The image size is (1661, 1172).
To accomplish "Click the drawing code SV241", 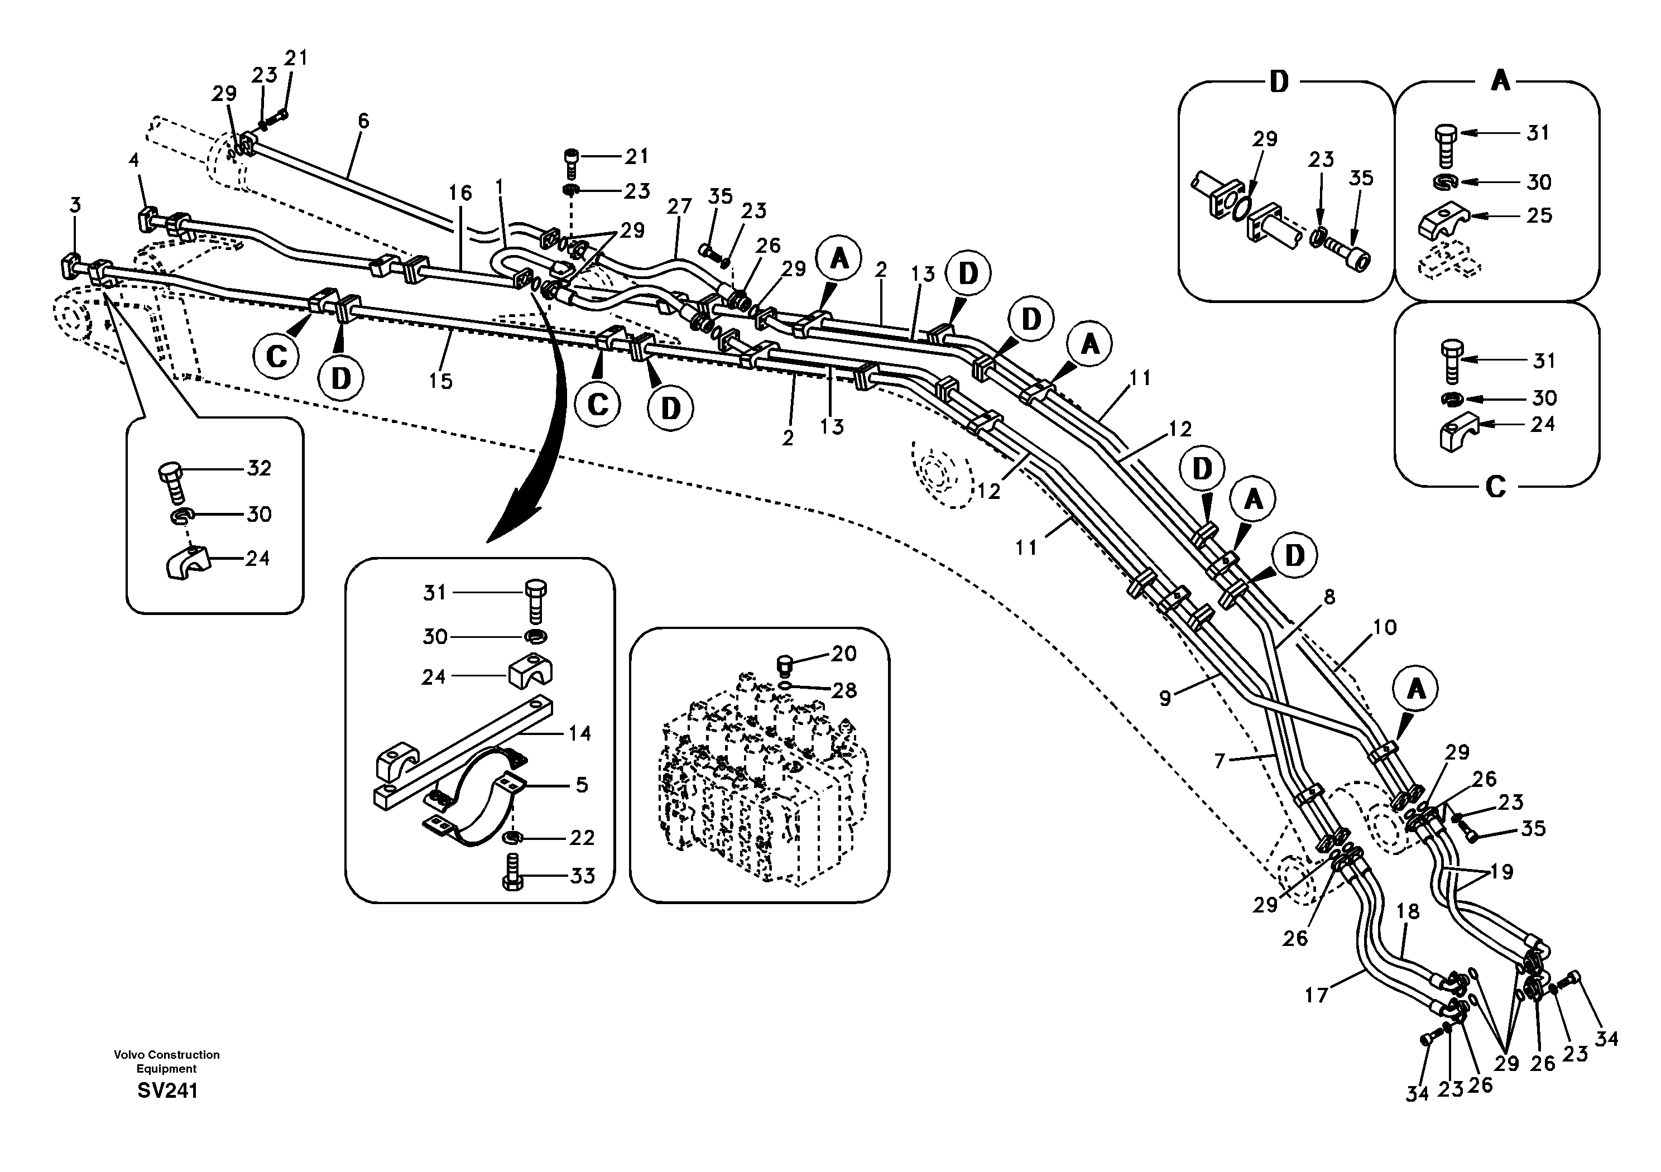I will point(167,1091).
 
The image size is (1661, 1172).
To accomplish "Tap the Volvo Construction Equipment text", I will point(166,1061).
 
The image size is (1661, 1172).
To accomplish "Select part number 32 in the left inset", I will point(259,468).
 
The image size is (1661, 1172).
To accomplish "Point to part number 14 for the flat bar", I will point(579,733).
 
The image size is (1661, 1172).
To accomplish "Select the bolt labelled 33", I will point(511,872).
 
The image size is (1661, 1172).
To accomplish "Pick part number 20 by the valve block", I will point(843,654).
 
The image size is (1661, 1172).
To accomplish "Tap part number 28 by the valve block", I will point(843,690).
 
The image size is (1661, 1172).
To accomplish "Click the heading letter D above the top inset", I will point(1279,81).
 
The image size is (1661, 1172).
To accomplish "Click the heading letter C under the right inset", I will point(1495,487).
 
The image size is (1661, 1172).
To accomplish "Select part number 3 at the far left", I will point(75,205).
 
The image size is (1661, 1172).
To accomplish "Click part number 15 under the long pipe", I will point(440,381).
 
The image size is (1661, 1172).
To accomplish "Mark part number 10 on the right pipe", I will point(1384,627).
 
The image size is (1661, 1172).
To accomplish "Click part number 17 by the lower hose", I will point(1316,995).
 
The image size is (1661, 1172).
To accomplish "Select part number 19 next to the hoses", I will point(1502,872).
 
